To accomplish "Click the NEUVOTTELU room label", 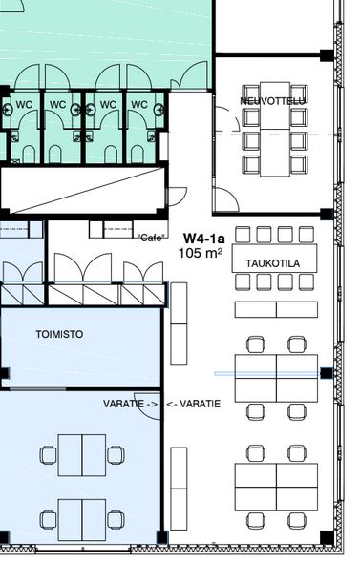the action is coord(272,101).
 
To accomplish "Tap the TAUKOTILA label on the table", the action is coord(273,263).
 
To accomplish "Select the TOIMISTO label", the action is coord(59,334).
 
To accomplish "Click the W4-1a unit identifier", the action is coord(204,239).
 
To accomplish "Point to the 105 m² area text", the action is coord(201,253).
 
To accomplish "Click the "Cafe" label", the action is coord(152,238).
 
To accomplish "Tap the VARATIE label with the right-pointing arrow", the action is coord(130,404).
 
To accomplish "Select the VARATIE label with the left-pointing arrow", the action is coord(194,404).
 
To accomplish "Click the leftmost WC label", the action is coord(24,105).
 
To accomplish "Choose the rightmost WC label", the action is coord(139,105).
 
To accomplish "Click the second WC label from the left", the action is coord(57,105).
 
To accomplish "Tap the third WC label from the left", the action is coord(108,105).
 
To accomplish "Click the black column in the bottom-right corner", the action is coord(327,537).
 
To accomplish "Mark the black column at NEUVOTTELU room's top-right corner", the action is coord(327,55).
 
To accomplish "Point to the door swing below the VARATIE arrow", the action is coord(149,409).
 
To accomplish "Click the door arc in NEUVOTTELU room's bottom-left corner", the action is coord(226,199).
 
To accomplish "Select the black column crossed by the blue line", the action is coord(327,373).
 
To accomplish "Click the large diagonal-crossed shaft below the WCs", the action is coord(82,189).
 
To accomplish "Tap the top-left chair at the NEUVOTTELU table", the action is coord(251,94).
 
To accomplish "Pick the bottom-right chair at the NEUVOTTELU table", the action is coord(299,164).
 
